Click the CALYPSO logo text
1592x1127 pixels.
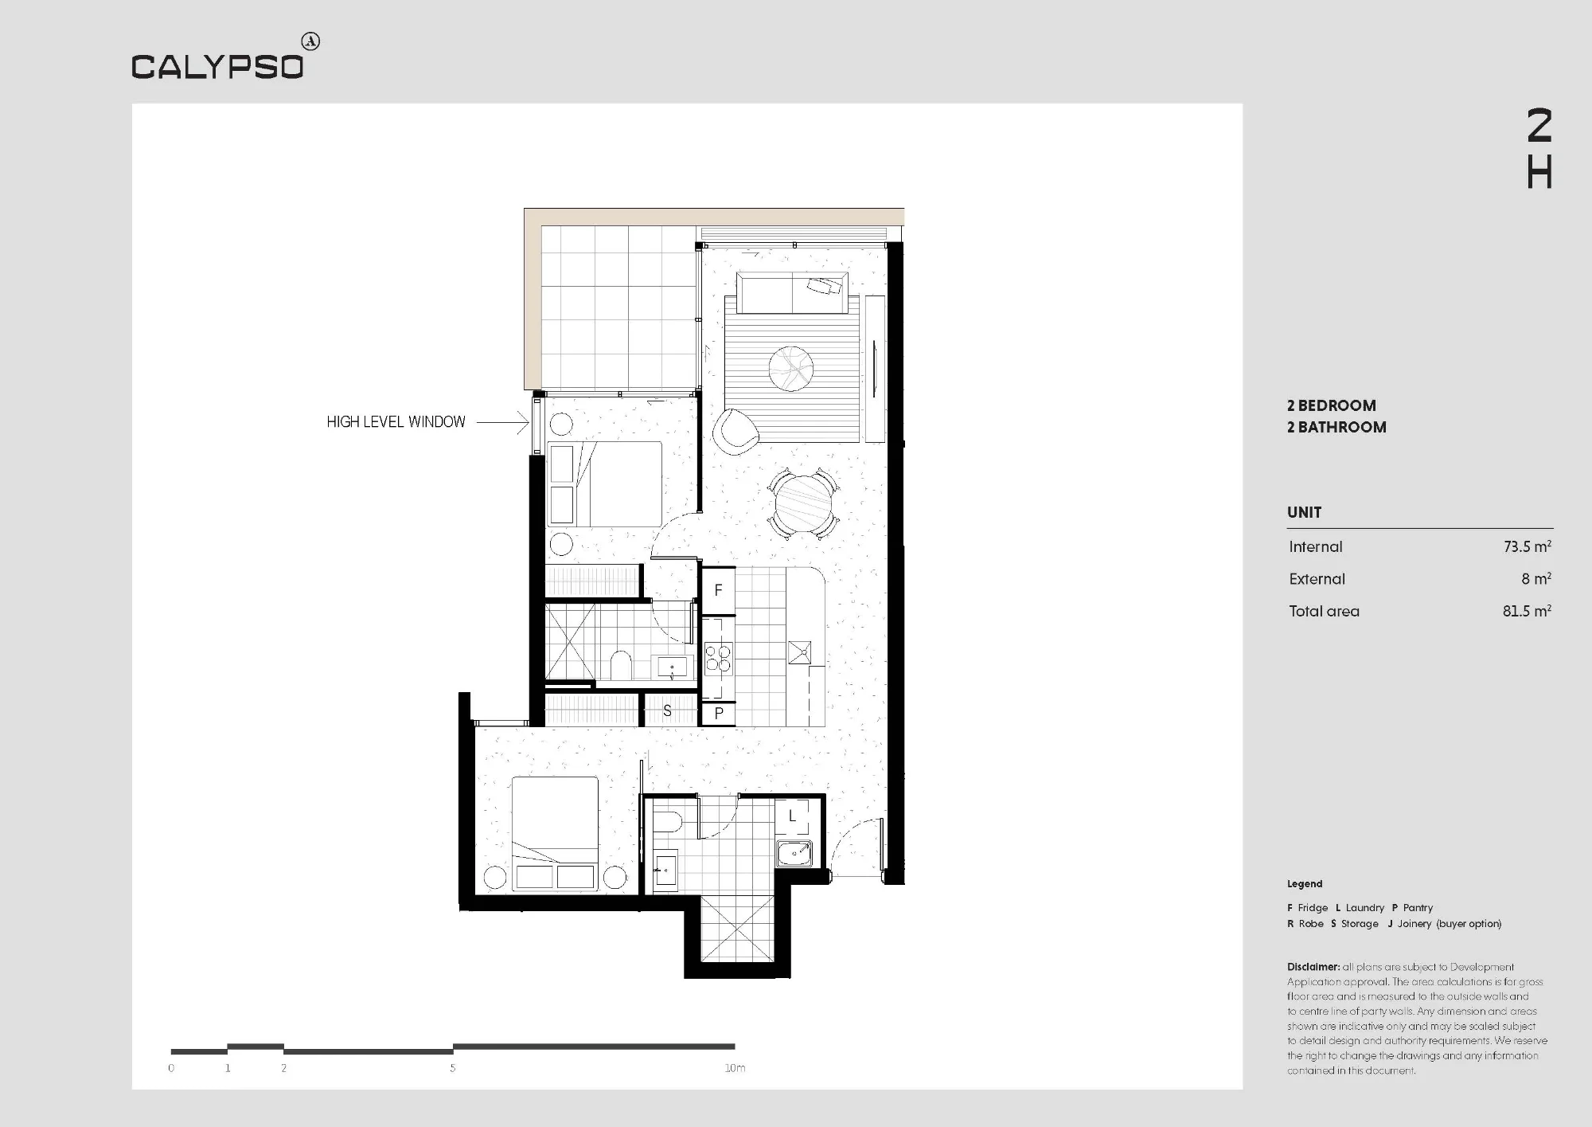[217, 67]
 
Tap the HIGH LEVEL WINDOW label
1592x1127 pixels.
[396, 422]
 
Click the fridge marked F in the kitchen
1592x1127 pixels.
[718, 590]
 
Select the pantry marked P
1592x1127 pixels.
[718, 713]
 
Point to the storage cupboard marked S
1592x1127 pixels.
[668, 710]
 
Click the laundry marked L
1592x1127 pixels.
[792, 816]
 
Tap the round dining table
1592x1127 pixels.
[803, 504]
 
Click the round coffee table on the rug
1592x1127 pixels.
[791, 369]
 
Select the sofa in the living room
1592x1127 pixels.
[792, 293]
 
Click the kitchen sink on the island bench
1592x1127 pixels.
[799, 652]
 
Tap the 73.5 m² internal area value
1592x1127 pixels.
[1527, 546]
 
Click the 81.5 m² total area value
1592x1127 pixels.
[1527, 611]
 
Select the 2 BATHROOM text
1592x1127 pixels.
[1336, 427]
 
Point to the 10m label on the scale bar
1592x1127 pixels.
[735, 1068]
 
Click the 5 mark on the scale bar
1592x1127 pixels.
[453, 1068]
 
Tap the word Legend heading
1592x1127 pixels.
[1305, 883]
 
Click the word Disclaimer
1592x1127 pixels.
[1313, 967]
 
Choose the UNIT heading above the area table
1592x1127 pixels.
[1304, 512]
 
